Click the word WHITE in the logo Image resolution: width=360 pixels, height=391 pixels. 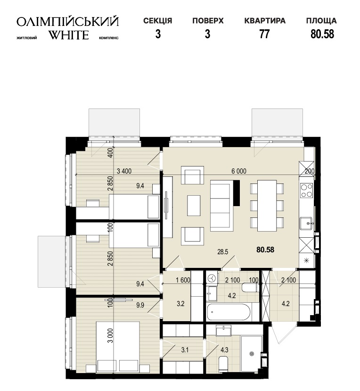pyautogui.click(x=68, y=35)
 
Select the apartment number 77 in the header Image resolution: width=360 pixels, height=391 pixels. pyautogui.click(x=264, y=34)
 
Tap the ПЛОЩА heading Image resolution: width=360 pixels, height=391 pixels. pyautogui.click(x=321, y=21)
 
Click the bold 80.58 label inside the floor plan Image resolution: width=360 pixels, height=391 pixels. pyautogui.click(x=265, y=250)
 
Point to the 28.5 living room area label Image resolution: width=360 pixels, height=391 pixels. pyautogui.click(x=222, y=252)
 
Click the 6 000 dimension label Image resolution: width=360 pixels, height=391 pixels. pyautogui.click(x=239, y=171)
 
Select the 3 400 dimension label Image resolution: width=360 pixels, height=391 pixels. pyautogui.click(x=124, y=171)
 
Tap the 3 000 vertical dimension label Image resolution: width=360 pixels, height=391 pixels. pyautogui.click(x=111, y=336)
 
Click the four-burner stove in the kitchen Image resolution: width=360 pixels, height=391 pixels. pyautogui.click(x=307, y=190)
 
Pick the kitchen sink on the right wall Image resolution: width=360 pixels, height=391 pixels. pyautogui.click(x=306, y=223)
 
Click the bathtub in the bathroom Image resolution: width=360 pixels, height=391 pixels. pyautogui.click(x=229, y=312)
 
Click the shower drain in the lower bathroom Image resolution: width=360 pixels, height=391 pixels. pyautogui.click(x=252, y=353)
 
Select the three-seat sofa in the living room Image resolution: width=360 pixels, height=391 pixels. pyautogui.click(x=221, y=206)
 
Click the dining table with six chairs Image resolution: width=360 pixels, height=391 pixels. pyautogui.click(x=267, y=206)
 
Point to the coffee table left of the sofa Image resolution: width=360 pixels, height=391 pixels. pyautogui.click(x=194, y=206)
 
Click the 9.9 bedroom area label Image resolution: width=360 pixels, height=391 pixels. pyautogui.click(x=140, y=305)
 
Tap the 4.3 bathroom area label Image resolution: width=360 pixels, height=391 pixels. pyautogui.click(x=224, y=350)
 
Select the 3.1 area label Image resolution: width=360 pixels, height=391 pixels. pyautogui.click(x=185, y=350)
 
